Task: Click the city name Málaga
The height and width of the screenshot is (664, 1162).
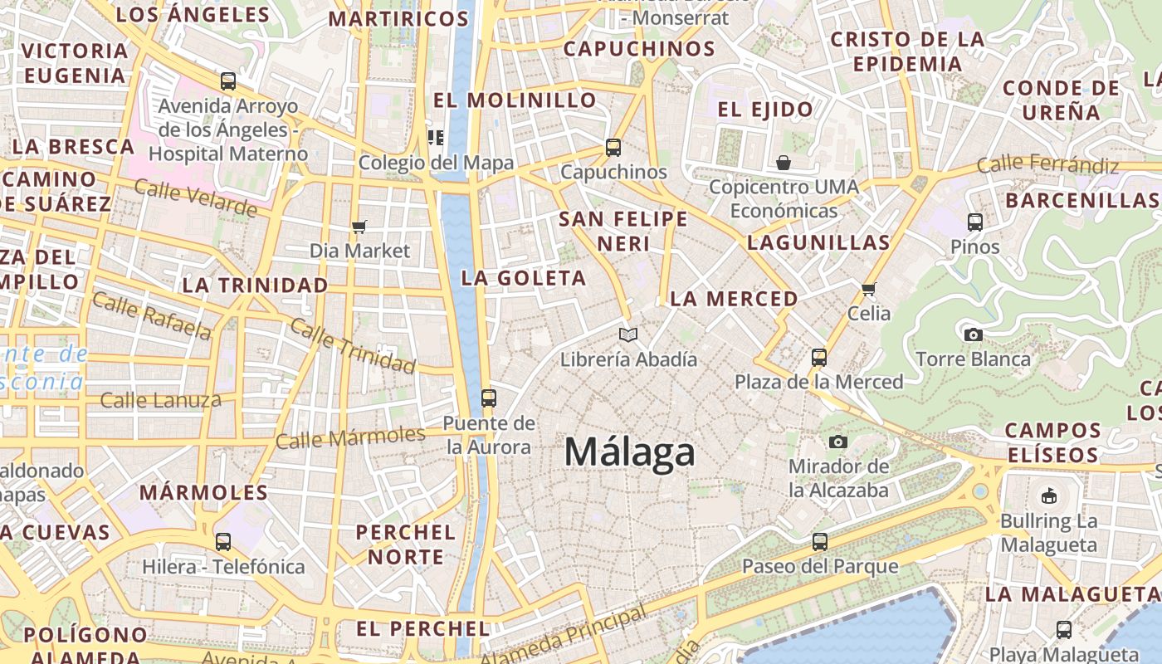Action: (x=629, y=453)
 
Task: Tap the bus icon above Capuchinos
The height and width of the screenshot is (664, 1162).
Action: (x=613, y=148)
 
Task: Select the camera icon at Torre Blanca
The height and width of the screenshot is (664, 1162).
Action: (x=974, y=334)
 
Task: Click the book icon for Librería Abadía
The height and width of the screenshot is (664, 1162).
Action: (x=629, y=335)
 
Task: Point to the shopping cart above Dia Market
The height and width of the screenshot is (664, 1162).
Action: (x=359, y=227)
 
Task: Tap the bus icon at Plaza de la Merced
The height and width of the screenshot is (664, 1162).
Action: (x=819, y=358)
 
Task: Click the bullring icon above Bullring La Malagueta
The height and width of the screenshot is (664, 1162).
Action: (x=1049, y=496)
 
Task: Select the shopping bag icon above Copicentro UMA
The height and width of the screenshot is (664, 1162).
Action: (x=784, y=162)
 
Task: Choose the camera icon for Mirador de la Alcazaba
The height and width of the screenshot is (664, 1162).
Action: (x=838, y=442)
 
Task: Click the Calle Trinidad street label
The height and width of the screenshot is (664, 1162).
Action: (x=353, y=345)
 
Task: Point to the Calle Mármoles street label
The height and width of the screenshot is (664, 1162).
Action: (x=350, y=437)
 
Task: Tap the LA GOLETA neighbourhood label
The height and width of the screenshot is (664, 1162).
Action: (x=524, y=278)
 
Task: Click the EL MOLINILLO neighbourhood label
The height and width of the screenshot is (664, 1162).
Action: (x=515, y=100)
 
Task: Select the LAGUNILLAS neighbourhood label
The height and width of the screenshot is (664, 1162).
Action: (x=818, y=242)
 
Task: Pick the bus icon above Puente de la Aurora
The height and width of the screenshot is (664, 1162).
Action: (x=489, y=398)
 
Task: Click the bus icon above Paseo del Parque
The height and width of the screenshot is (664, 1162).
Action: (x=820, y=542)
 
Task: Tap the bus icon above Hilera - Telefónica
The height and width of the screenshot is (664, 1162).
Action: (x=223, y=542)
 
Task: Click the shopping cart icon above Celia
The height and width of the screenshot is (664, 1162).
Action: (x=869, y=289)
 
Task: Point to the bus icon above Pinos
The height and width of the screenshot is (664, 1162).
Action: (x=975, y=222)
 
